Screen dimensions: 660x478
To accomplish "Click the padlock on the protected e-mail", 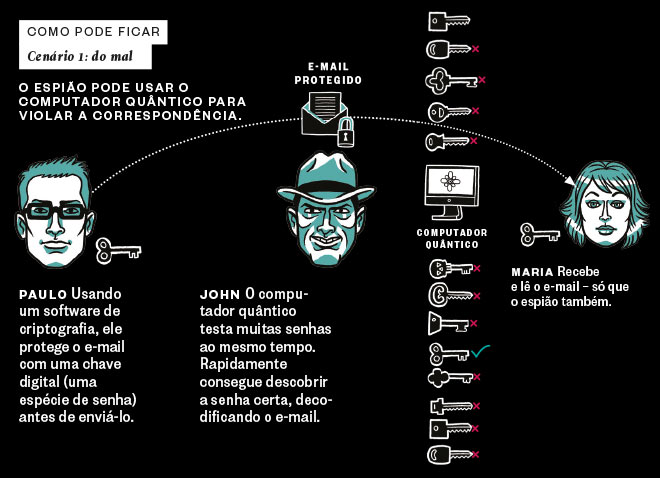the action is (345, 132).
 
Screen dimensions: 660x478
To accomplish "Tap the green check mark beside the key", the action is (480, 351).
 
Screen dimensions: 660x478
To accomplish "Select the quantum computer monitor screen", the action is (451, 182).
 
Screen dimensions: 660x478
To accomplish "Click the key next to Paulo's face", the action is (118, 251).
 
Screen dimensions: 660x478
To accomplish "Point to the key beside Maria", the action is (539, 234).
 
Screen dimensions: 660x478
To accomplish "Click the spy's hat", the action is (325, 178).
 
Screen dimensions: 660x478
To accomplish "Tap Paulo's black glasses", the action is (55, 210).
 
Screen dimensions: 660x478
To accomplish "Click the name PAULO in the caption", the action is (43, 294).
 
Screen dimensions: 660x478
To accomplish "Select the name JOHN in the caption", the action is (220, 294).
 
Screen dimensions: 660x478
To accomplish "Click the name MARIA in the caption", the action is (532, 272).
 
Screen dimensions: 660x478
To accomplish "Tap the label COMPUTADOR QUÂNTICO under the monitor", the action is (452, 238).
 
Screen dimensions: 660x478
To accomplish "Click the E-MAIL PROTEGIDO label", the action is (328, 73).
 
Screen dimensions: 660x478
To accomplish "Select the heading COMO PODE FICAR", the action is (93, 32).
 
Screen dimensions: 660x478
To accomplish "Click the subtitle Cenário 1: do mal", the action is (80, 56).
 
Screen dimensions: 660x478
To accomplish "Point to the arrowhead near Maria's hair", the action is (570, 180).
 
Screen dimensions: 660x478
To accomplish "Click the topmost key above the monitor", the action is (449, 21).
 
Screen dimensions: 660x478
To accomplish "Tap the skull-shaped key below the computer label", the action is (451, 268).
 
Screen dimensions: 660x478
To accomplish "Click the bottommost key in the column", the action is (450, 455).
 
